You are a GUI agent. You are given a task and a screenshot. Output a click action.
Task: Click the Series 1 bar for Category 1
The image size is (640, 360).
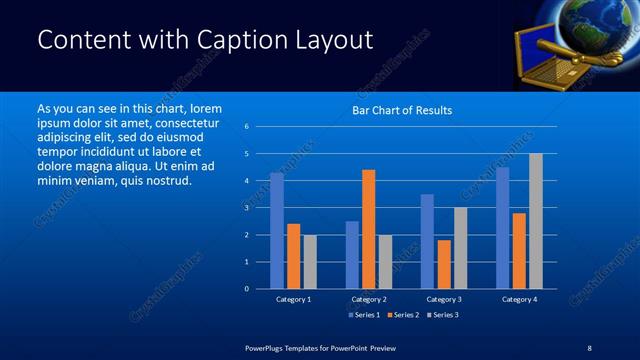277,231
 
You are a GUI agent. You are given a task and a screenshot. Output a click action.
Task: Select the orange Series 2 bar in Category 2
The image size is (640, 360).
369,229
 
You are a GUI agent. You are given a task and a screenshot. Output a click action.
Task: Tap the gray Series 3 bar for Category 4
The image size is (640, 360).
536,221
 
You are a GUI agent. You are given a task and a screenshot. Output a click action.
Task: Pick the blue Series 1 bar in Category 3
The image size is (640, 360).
427,241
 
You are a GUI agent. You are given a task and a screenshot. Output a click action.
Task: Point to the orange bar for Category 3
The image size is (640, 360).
444,264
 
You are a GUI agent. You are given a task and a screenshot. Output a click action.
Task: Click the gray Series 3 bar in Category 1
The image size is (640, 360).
310,262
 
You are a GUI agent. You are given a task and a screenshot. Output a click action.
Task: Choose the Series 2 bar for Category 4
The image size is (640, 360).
519,251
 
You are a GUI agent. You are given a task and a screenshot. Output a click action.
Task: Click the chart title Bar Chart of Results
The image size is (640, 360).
402,110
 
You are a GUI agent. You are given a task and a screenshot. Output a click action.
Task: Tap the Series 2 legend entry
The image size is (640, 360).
402,315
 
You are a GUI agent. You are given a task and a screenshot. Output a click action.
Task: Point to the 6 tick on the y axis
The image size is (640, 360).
247,127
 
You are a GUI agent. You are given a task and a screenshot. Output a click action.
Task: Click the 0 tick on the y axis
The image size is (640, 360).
247,289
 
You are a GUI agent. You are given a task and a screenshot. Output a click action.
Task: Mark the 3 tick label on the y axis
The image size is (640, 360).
247,208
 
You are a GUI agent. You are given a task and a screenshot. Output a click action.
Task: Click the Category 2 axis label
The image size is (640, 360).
369,299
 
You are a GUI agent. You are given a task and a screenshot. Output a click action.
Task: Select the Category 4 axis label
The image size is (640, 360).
519,299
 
